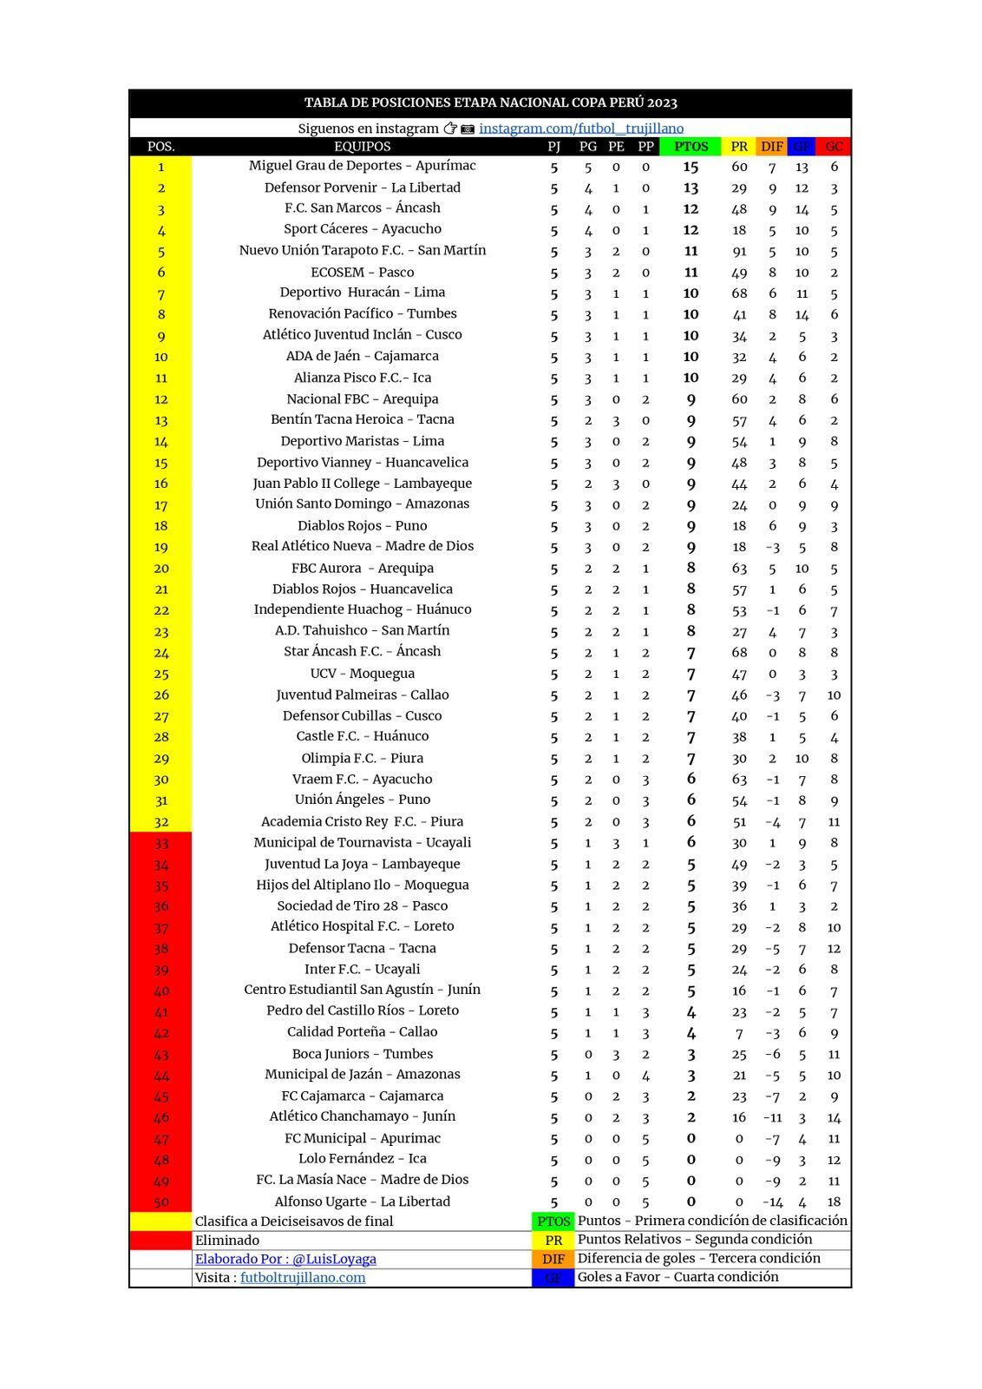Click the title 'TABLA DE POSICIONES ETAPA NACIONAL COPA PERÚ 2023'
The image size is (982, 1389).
[x=490, y=102]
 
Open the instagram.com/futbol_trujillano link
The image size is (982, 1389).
[x=581, y=128]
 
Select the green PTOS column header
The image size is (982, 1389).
[x=691, y=147]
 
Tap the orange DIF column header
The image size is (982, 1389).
[x=771, y=147]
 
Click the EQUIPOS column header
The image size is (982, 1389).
[x=362, y=147]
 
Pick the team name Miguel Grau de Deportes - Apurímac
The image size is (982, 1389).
[x=362, y=166]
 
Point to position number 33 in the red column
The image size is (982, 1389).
[x=161, y=843]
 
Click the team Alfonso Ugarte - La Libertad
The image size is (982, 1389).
[x=362, y=1201]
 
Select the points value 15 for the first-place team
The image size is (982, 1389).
[x=691, y=167]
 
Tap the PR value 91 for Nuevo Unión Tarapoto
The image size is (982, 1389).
[x=739, y=251]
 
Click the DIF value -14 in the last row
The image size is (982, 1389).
[x=772, y=1202]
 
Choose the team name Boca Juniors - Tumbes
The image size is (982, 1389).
[x=362, y=1054]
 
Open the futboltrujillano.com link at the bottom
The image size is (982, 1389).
[x=303, y=1278]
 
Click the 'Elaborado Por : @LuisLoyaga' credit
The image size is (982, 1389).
[x=285, y=1259]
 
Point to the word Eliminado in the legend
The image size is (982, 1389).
[x=227, y=1241]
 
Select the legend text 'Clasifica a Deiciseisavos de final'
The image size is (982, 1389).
[x=294, y=1221]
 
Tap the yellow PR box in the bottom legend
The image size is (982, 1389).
[x=553, y=1241]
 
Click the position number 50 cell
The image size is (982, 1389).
[x=161, y=1202]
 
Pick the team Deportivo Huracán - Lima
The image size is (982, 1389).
[x=362, y=293]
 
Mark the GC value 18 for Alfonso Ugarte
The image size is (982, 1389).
[x=834, y=1202]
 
